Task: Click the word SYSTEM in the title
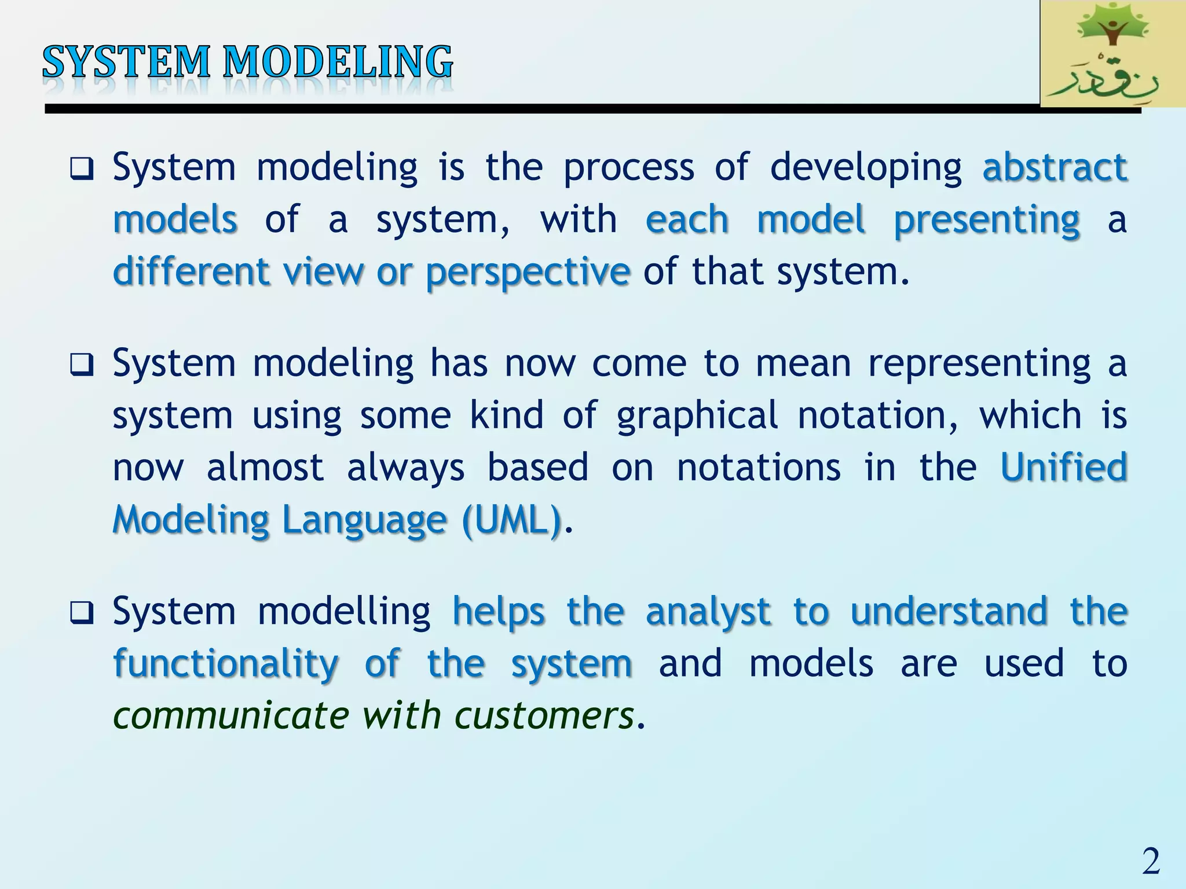pos(126,63)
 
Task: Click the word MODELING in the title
pos(338,63)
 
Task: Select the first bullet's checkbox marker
pos(81,169)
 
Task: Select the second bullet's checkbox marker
pos(81,365)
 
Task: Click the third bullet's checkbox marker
pos(81,613)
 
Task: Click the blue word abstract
pos(1055,167)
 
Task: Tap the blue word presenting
pos(987,220)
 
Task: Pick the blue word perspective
pos(528,272)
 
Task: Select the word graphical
pos(697,416)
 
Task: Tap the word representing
pos(979,364)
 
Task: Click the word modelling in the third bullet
pos(343,612)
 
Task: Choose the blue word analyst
pos(708,612)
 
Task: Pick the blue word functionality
pos(226,664)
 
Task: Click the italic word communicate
pos(230,715)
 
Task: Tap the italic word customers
pos(544,715)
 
